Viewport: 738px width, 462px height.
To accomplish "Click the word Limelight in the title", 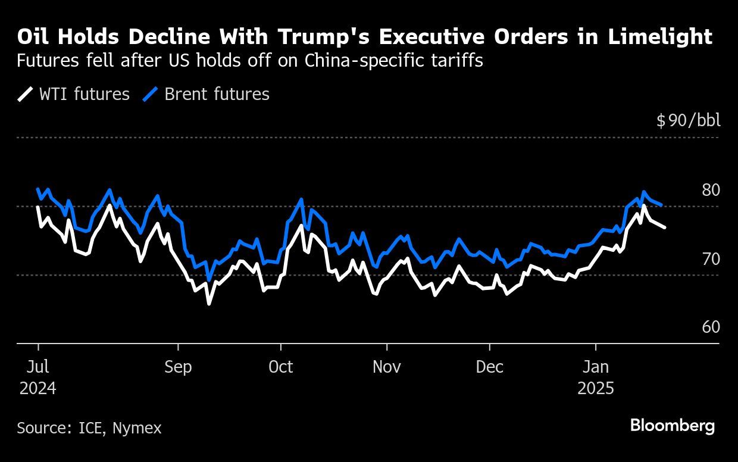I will [660, 37].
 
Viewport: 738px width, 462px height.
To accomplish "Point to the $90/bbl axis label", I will [688, 121].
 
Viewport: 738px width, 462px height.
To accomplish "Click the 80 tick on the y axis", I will [711, 190].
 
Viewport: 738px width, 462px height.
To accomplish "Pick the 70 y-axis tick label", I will [711, 259].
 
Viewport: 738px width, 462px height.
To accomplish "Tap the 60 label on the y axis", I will [711, 327].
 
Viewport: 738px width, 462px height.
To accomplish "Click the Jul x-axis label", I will [38, 367].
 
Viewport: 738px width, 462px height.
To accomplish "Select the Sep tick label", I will [178, 367].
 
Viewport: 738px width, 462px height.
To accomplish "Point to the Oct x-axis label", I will [280, 367].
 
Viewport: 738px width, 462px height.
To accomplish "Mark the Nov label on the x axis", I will [387, 367].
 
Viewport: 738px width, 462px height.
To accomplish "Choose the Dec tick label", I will [490, 367].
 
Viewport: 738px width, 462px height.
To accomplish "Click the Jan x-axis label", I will [596, 367].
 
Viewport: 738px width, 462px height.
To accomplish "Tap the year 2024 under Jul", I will [38, 389].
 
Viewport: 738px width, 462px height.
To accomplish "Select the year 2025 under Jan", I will [596, 389].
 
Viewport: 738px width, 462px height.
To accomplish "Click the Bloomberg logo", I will [673, 426].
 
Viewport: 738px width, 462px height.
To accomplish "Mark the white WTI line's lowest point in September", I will [209, 304].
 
